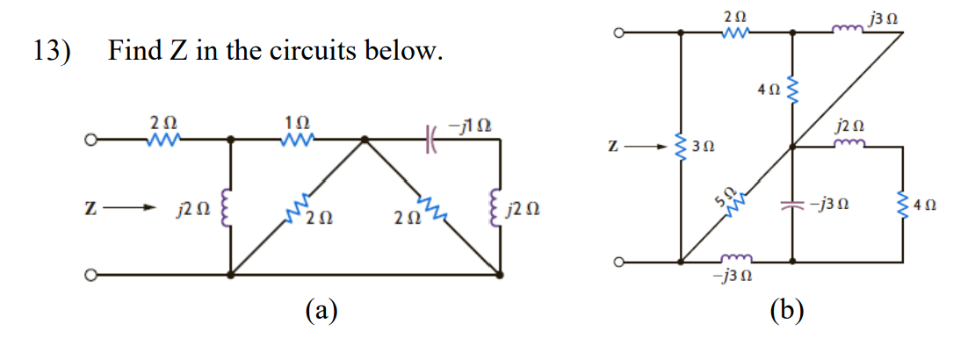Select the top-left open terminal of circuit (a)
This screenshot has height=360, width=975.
point(89,139)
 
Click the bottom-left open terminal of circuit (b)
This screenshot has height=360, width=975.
point(618,262)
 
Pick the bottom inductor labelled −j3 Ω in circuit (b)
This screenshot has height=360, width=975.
point(736,260)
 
